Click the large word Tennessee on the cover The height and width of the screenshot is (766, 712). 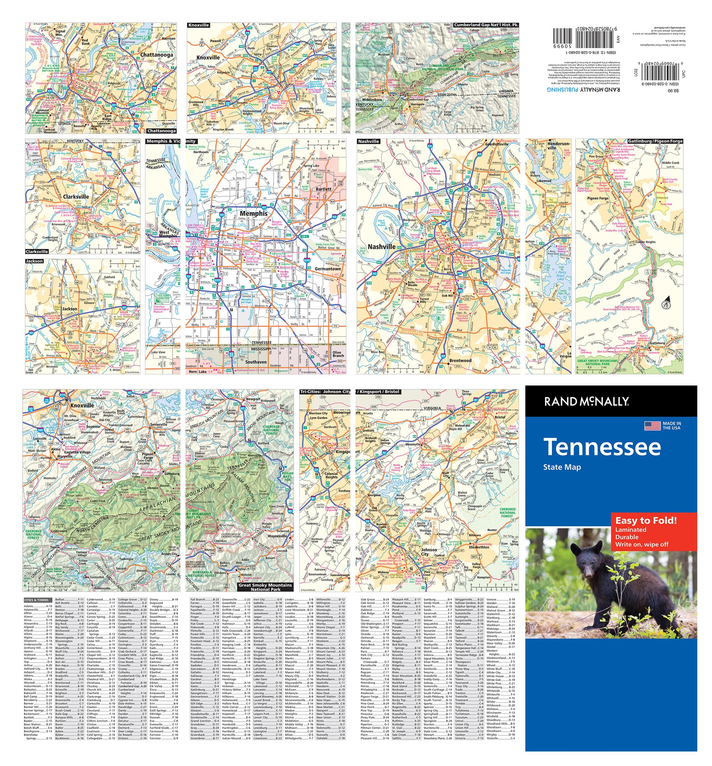602,447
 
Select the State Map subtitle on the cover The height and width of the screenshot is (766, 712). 561,467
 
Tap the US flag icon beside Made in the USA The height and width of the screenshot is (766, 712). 652,426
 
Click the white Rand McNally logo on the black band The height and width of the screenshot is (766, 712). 586,402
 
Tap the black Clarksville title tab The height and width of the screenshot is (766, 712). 37,252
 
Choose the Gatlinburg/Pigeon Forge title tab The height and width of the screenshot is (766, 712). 655,141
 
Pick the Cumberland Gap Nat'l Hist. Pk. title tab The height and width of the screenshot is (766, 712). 486,25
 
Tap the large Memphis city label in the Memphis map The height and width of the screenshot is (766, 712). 253,214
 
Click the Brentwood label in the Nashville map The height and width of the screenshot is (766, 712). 460,361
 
